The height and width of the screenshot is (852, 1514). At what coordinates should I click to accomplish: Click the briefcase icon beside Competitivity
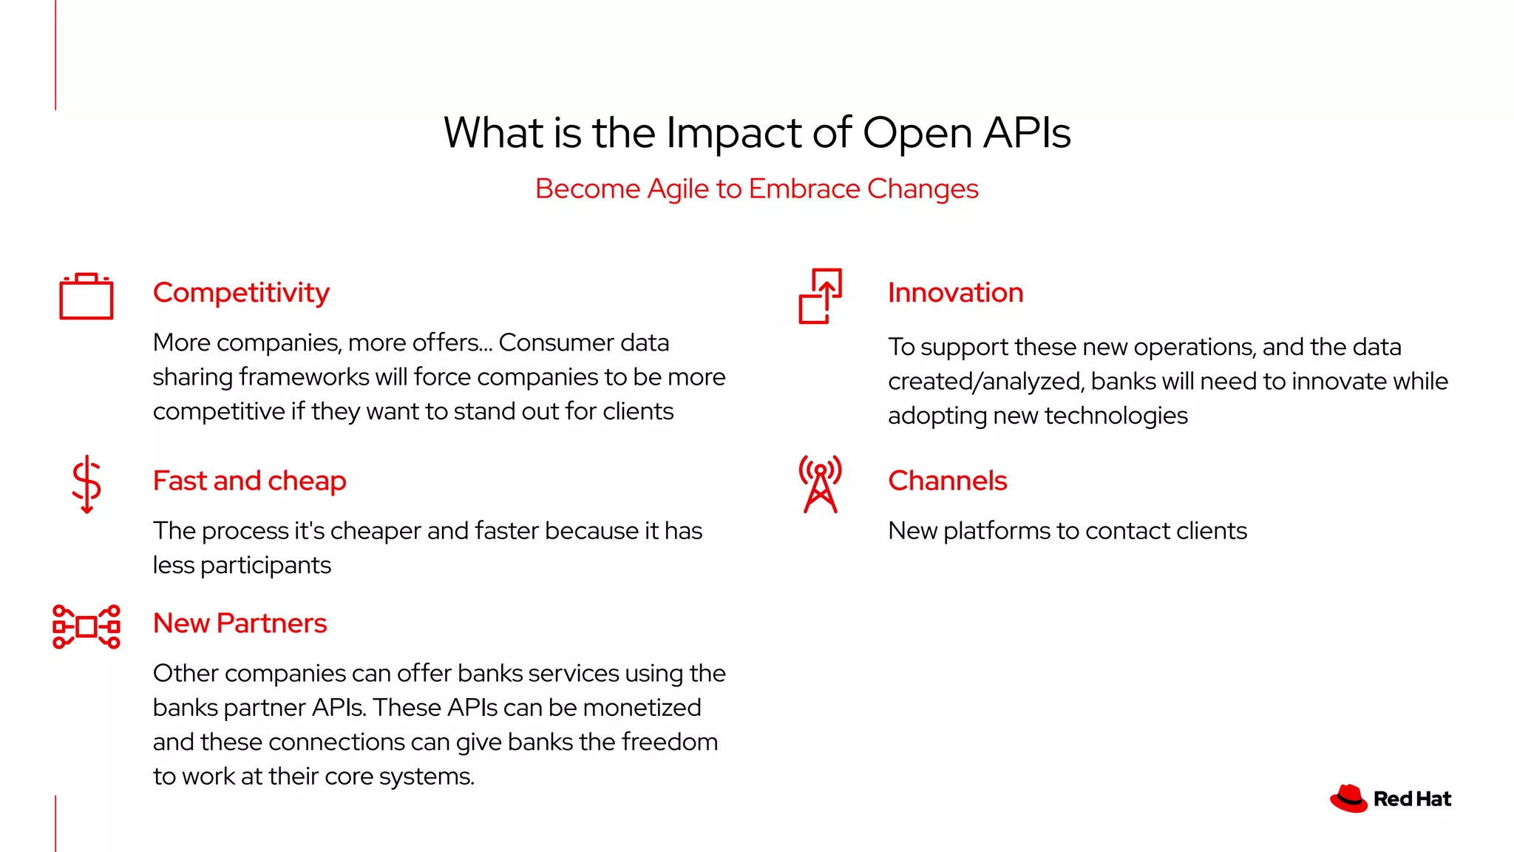86,297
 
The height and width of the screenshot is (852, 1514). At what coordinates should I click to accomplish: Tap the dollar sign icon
86,484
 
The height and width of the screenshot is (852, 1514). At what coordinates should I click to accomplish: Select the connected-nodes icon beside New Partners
86,626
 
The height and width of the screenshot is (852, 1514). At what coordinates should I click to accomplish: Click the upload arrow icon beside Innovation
821,296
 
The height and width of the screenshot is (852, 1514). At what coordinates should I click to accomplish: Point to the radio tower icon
820,484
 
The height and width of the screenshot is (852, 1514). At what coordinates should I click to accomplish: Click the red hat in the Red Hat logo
1348,799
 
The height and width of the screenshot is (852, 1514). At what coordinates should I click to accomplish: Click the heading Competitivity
241,293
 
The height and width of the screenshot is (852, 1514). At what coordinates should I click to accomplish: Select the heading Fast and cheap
249,481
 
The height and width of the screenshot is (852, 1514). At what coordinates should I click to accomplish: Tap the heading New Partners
240,623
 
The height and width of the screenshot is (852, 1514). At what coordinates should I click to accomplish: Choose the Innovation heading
955,293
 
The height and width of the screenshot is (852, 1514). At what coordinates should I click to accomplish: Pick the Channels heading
947,481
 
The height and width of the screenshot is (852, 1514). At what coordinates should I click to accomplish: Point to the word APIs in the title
1027,133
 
